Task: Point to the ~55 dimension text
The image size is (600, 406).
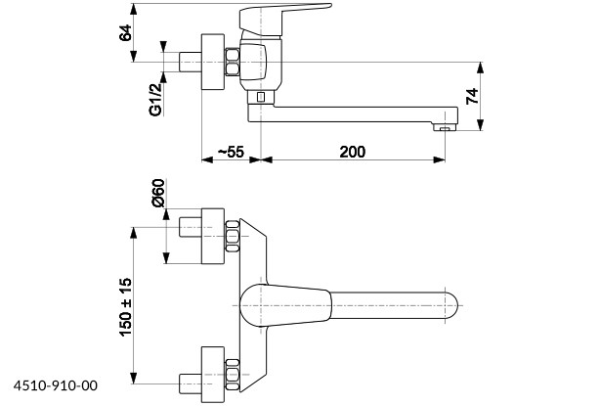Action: coord(229,151)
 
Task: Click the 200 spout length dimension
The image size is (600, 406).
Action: coord(353,151)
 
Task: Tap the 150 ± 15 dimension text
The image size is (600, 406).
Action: coord(125,306)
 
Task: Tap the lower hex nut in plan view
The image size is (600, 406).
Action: coord(233,372)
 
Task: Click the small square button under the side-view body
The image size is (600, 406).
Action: coord(261,98)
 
